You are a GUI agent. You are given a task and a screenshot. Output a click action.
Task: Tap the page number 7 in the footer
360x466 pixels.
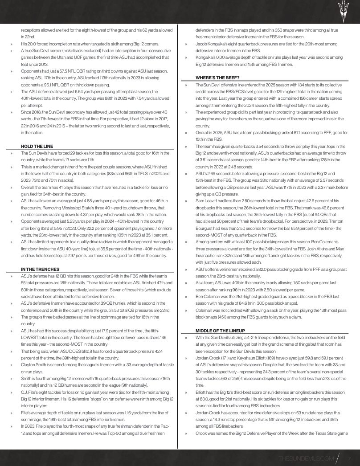[x=350, y=458]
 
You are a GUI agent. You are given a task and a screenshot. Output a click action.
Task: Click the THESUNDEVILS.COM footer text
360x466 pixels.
[x=306, y=458]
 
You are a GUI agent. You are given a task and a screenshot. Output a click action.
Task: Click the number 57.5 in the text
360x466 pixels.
[x=59, y=71]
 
